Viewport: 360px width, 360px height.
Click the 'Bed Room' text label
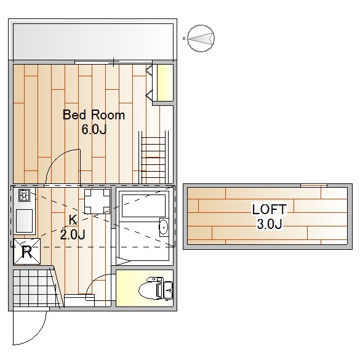(x=94, y=115)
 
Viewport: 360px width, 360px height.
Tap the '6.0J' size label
(x=94, y=129)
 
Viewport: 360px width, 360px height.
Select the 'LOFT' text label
(x=270, y=209)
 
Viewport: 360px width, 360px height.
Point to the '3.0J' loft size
(x=270, y=224)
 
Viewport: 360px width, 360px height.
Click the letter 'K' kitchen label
(x=73, y=220)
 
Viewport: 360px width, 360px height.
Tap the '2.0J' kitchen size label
(x=73, y=234)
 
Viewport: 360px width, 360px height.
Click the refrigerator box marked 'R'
(x=27, y=252)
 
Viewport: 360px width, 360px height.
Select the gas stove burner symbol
(x=23, y=195)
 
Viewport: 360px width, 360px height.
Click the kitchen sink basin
(x=24, y=221)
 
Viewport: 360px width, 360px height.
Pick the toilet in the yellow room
(x=156, y=289)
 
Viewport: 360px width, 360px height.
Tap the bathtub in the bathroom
(x=144, y=206)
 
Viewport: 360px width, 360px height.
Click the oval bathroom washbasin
(x=164, y=227)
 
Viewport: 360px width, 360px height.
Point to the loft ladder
(x=153, y=158)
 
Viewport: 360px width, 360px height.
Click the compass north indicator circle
(x=201, y=38)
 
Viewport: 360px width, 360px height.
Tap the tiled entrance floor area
(x=32, y=287)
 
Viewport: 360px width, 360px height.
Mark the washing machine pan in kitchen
(x=97, y=201)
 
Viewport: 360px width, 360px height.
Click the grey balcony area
(x=93, y=41)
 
